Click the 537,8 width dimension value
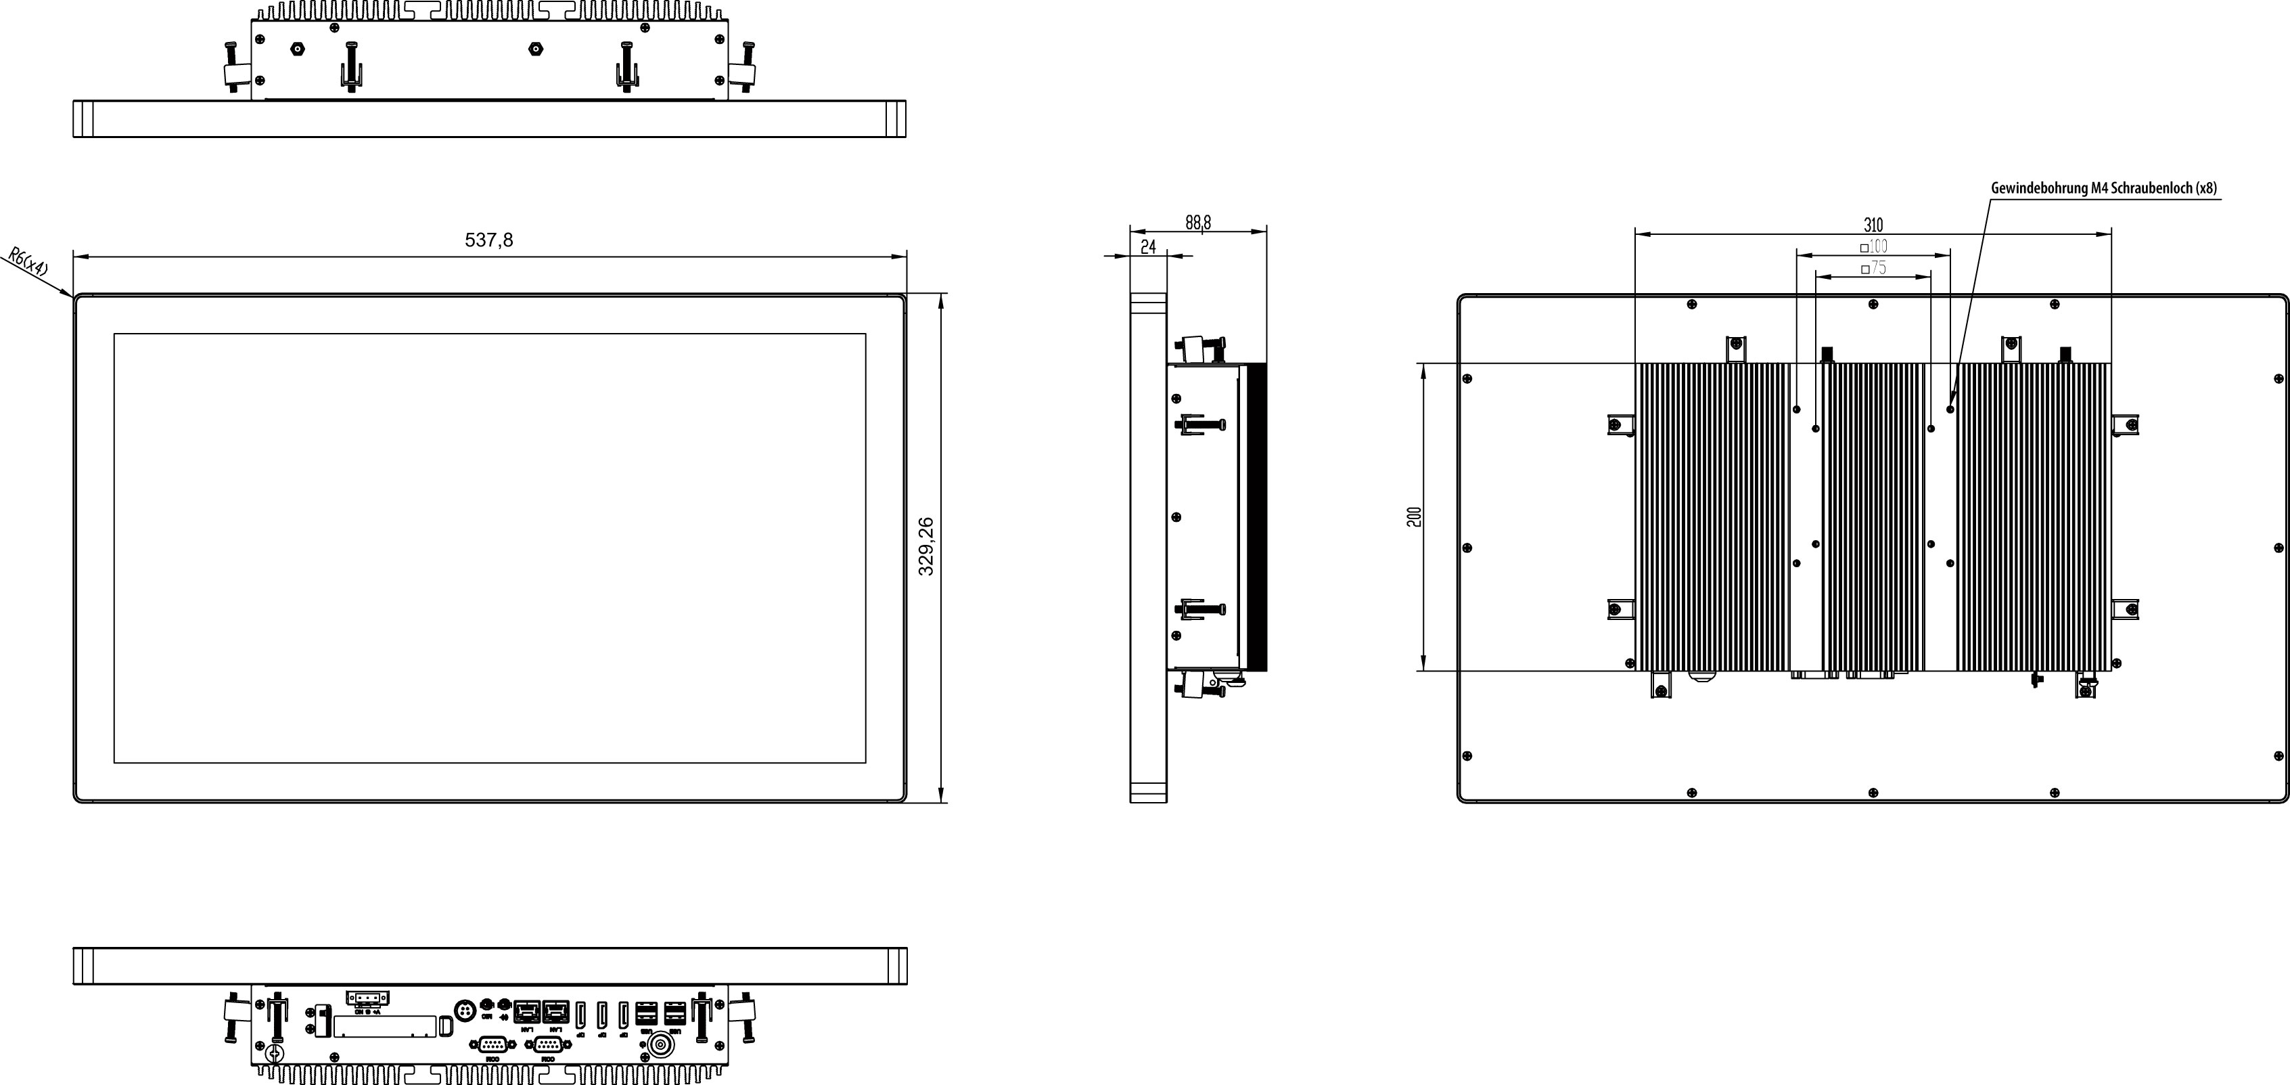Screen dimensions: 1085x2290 489,240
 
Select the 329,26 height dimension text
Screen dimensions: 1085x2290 926,547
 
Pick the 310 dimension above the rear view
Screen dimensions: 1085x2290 1873,225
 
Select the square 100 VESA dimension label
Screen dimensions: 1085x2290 1874,246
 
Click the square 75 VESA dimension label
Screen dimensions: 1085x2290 1874,267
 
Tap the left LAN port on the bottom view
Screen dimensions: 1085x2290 527,1011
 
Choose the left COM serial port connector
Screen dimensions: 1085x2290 493,1045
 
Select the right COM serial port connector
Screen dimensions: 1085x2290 547,1045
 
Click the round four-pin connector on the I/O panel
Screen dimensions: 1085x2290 463,1011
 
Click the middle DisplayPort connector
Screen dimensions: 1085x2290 602,1014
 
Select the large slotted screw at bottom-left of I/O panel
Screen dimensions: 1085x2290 275,1054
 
